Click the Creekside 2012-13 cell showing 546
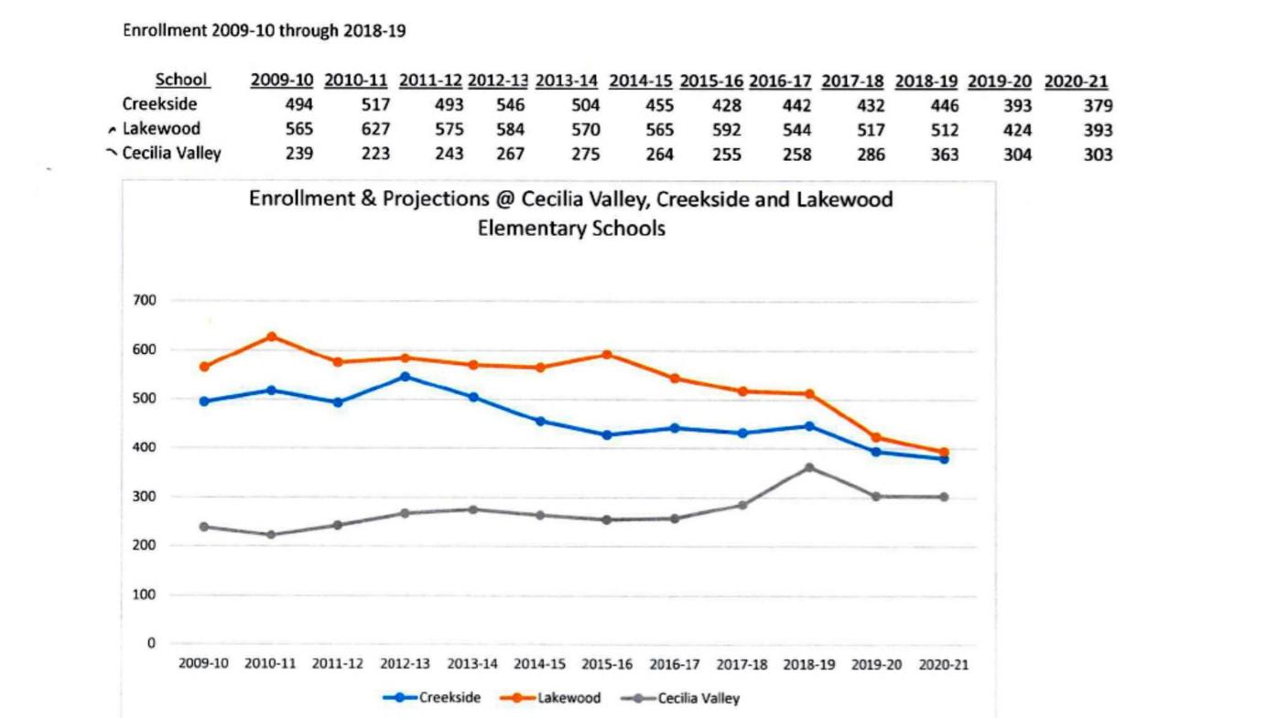(x=510, y=105)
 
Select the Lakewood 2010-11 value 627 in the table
(x=375, y=130)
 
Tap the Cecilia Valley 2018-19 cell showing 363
(x=944, y=155)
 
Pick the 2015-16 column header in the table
(x=711, y=80)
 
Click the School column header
(x=181, y=80)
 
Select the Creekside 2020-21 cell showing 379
(x=1098, y=105)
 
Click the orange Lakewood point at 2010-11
(x=271, y=337)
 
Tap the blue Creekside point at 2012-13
(x=406, y=376)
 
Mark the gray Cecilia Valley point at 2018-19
(x=809, y=467)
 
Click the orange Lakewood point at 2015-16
(x=607, y=355)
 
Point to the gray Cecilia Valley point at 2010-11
(x=271, y=534)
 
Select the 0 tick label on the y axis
(x=151, y=643)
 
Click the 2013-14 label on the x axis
(x=472, y=665)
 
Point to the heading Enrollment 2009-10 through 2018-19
(x=264, y=30)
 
